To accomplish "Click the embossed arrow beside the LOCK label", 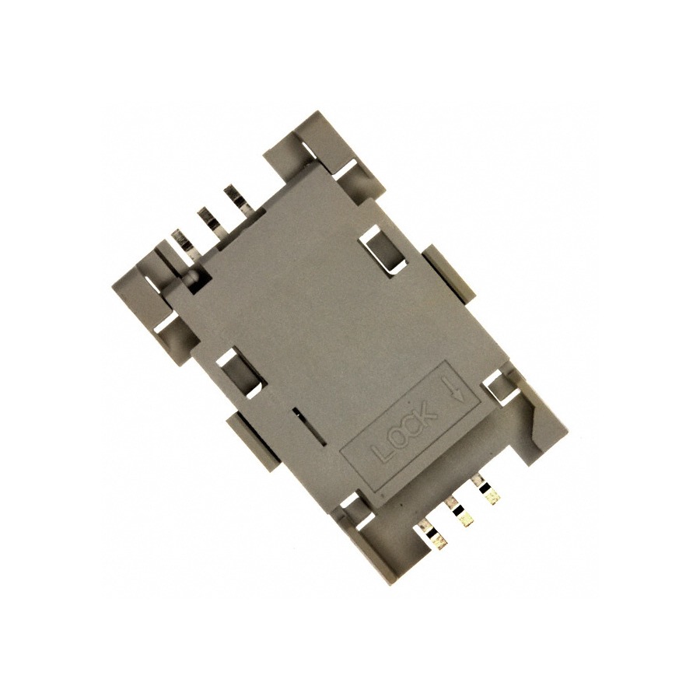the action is (457, 387).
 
